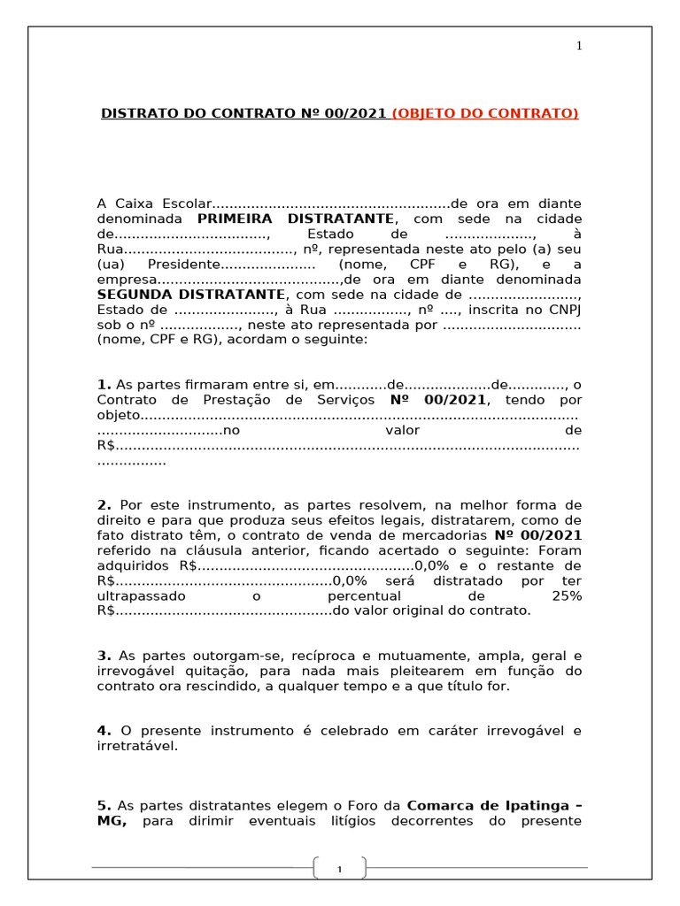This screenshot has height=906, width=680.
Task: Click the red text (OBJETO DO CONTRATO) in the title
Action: pos(485,113)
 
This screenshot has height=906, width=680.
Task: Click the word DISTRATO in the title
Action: pos(138,113)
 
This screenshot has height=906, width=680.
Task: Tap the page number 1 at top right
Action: pos(579,46)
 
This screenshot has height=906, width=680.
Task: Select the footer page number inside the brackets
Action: pos(339,871)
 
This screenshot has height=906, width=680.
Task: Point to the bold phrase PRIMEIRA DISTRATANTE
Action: pos(295,219)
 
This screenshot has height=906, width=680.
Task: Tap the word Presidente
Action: pos(182,265)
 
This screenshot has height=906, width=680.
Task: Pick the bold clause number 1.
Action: pos(104,385)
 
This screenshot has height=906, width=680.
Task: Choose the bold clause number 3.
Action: pos(104,656)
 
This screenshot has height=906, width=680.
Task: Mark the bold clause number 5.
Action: pos(104,806)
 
